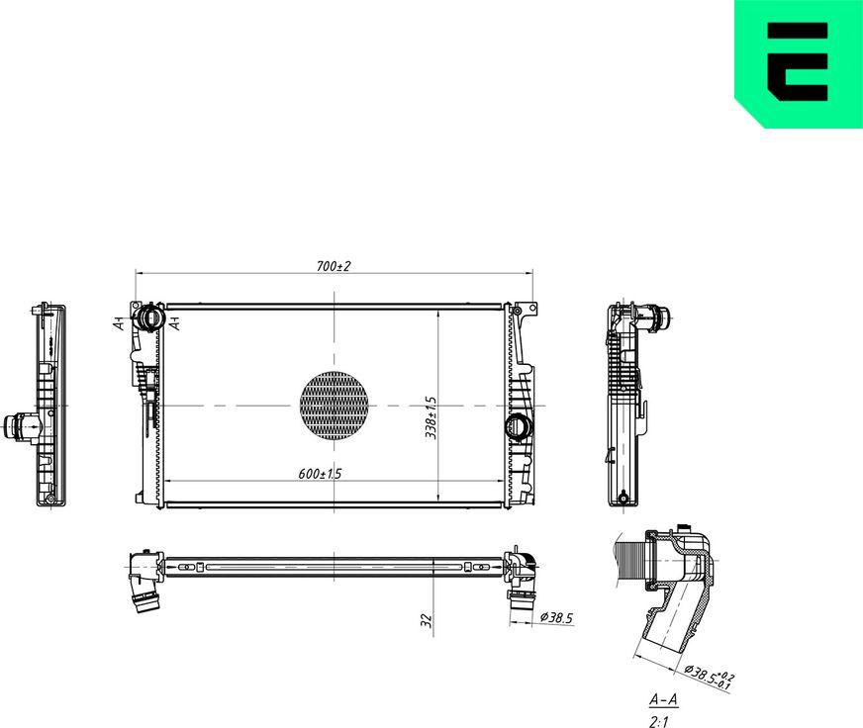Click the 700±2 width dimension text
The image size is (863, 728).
(x=335, y=267)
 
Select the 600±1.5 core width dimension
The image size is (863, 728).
(x=320, y=474)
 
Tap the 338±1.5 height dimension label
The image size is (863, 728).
(x=431, y=415)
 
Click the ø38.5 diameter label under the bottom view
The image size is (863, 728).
(x=556, y=618)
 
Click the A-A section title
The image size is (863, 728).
(x=662, y=700)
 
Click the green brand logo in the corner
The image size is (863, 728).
(x=798, y=63)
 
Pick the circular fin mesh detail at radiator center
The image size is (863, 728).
(x=334, y=405)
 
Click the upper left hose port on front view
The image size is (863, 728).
(x=149, y=318)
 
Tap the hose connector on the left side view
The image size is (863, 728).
(x=20, y=426)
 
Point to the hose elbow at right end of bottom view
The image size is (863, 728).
(x=522, y=574)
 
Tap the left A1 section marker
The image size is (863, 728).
(x=118, y=323)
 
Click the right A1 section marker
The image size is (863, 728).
(x=174, y=322)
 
